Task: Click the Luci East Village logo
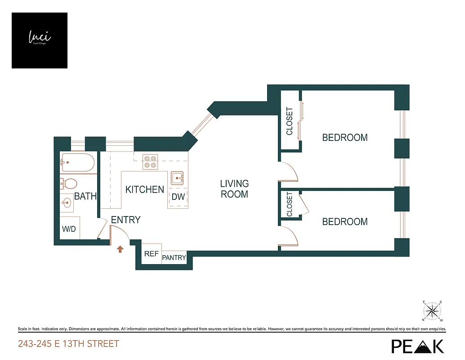[40, 40]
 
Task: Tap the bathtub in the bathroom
[78, 162]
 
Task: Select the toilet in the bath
[69, 184]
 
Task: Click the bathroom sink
[67, 203]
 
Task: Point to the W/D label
[69, 229]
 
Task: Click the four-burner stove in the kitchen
[150, 162]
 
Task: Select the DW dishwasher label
[178, 197]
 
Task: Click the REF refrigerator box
[151, 254]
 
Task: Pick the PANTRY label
[174, 258]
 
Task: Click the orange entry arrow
[120, 249]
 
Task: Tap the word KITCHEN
[144, 189]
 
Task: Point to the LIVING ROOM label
[234, 189]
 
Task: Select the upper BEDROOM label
[345, 138]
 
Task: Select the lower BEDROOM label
[345, 221]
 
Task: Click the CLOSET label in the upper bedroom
[290, 121]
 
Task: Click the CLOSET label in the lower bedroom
[289, 204]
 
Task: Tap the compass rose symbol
[433, 310]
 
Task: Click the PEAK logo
[417, 346]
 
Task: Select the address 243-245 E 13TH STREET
[68, 344]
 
